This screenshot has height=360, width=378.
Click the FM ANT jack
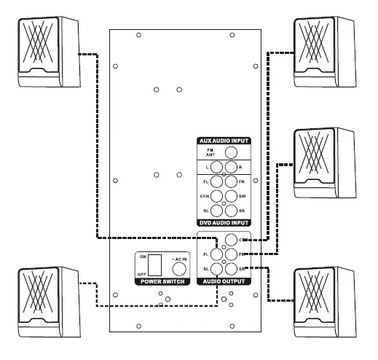[231, 152]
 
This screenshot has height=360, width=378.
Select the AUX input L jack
[216, 168]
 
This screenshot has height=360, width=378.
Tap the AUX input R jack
[231, 168]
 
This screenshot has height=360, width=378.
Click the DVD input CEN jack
[216, 196]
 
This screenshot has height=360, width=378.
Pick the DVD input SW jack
[231, 196]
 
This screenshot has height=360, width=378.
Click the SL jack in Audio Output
[216, 270]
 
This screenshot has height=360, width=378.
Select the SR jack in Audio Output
[231, 270]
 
